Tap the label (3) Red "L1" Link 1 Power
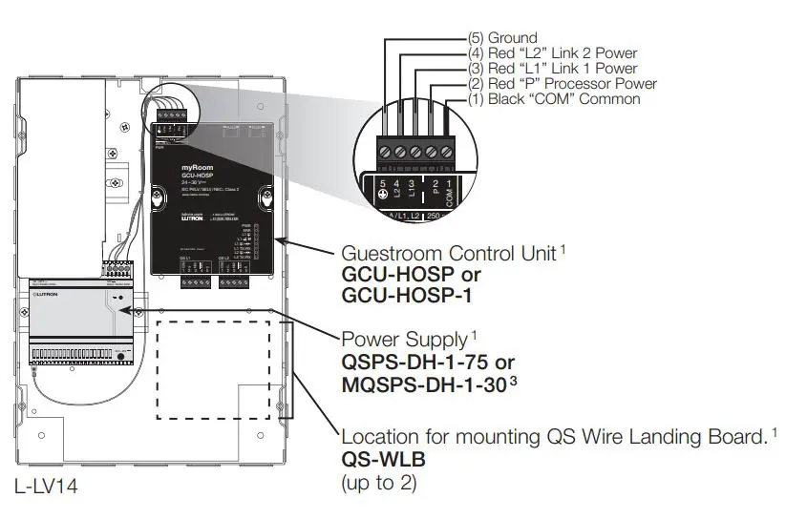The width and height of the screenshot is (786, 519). [552, 69]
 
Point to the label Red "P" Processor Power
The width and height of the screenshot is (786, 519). [571, 84]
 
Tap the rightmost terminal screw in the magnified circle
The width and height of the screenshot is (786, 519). [444, 152]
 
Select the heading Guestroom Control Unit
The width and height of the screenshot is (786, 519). [449, 255]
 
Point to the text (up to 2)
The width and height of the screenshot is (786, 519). [379, 483]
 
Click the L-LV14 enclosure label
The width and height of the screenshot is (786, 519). [46, 487]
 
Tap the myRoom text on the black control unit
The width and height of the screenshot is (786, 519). [196, 167]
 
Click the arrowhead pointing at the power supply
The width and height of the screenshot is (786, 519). [140, 311]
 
